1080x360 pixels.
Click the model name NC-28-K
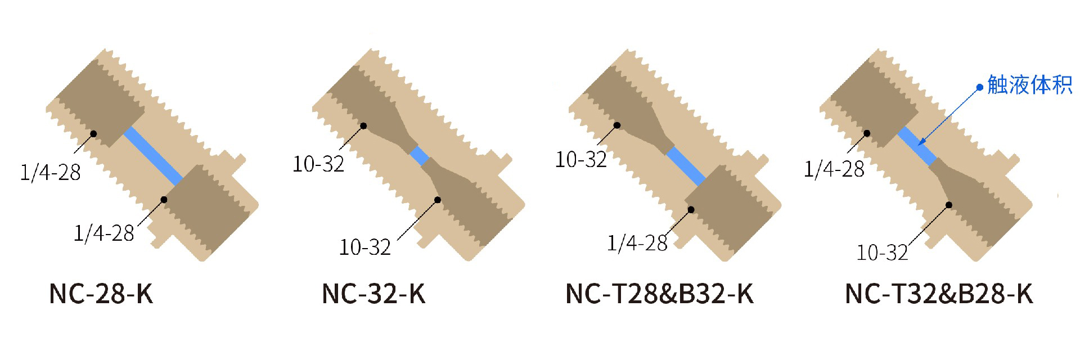click(101, 294)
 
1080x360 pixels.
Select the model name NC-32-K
click(373, 294)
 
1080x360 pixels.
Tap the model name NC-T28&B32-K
click(659, 294)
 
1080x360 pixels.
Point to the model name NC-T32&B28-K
click(939, 294)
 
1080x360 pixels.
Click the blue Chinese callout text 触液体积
click(1030, 85)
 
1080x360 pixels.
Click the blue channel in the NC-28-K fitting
click(153, 156)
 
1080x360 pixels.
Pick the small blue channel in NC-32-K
click(419, 156)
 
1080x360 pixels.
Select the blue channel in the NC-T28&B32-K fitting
click(686, 166)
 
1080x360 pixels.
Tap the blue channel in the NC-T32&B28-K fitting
click(917, 146)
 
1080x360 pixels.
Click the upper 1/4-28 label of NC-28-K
click(50, 172)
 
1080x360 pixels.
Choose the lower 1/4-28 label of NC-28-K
click(104, 233)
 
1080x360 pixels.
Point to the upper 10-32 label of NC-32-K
click(318, 164)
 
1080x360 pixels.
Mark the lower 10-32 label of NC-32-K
click(364, 247)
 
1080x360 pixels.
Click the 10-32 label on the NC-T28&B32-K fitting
click(581, 160)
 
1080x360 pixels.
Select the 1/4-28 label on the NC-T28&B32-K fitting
click(637, 243)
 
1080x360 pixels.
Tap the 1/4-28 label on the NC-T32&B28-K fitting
click(834, 169)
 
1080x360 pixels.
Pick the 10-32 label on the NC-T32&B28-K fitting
click(882, 253)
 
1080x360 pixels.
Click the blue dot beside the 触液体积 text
click(979, 87)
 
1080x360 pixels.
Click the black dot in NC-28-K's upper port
click(93, 134)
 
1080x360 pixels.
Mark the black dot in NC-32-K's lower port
click(438, 200)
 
